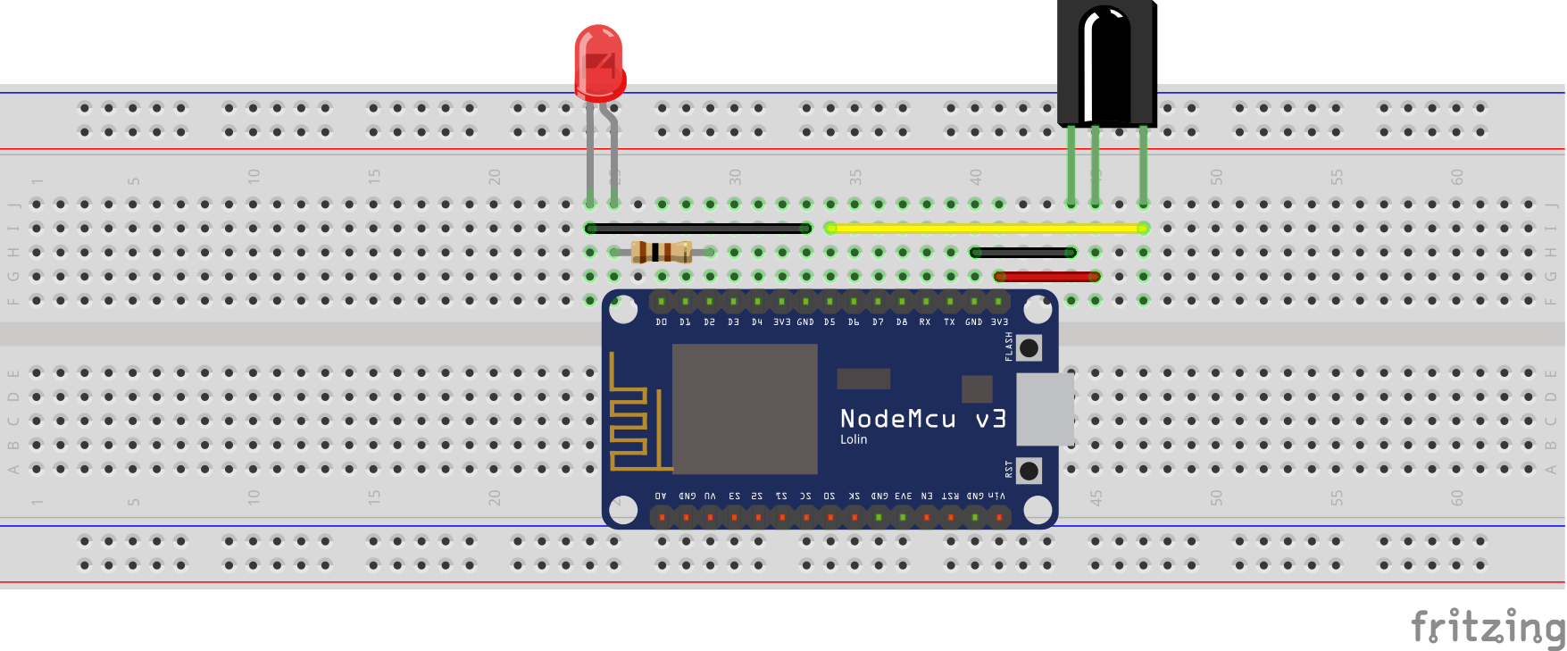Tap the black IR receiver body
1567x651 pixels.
(1106, 63)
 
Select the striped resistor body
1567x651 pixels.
(661, 252)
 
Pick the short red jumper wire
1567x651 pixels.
(1046, 277)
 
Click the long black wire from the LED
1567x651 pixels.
(696, 229)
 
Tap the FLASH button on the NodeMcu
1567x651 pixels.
(1029, 347)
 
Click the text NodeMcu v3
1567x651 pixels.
(922, 419)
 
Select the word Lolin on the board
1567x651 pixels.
(853, 439)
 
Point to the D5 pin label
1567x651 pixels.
(829, 322)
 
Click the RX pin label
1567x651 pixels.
(925, 322)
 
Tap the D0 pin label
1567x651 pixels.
(661, 322)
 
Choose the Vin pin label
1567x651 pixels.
(997, 496)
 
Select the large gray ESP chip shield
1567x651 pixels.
(744, 409)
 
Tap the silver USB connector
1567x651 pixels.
(1045, 409)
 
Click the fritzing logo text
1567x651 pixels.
(1487, 627)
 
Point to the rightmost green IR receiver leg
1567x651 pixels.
(1143, 165)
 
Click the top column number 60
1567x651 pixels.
(1457, 177)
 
